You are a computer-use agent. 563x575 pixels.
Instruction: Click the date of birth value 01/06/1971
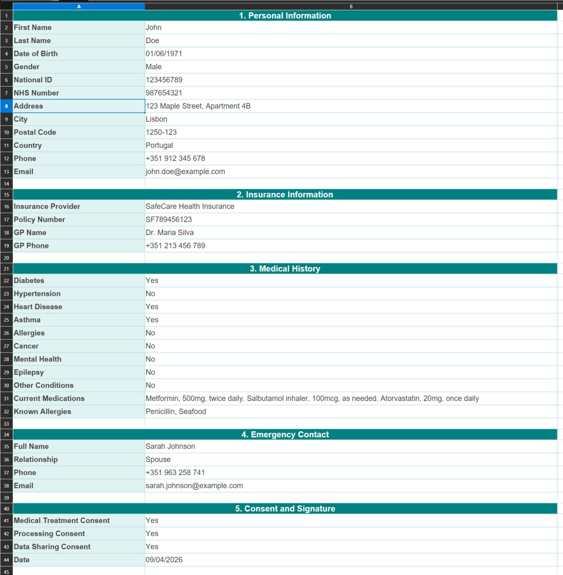[164, 54]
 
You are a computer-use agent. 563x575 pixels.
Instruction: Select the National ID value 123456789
[164, 80]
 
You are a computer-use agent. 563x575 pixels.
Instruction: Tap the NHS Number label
[36, 93]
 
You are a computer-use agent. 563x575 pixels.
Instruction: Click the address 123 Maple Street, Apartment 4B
[198, 106]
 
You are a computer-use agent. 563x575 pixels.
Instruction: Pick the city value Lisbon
[157, 119]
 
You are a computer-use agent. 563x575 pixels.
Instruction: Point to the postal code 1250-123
[161, 132]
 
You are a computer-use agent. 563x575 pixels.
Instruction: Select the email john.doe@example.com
[185, 172]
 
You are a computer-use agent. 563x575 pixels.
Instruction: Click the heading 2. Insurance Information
[285, 194]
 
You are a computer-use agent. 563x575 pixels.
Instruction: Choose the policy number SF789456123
[169, 220]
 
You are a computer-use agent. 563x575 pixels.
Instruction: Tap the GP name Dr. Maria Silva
[170, 233]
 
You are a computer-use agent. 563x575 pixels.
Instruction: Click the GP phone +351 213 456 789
[175, 246]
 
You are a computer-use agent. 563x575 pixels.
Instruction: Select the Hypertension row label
[37, 294]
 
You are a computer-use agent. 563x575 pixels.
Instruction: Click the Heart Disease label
[38, 307]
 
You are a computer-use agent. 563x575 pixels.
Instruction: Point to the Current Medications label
[49, 399]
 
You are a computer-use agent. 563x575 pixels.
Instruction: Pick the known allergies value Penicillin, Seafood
[176, 412]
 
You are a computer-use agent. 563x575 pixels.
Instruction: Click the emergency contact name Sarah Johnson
[170, 446]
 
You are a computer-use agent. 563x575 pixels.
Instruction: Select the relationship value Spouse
[158, 460]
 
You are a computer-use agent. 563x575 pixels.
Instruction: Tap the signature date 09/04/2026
[164, 560]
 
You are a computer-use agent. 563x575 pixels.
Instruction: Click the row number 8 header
[6, 106]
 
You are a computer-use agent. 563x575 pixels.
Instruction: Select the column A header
[79, 6]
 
